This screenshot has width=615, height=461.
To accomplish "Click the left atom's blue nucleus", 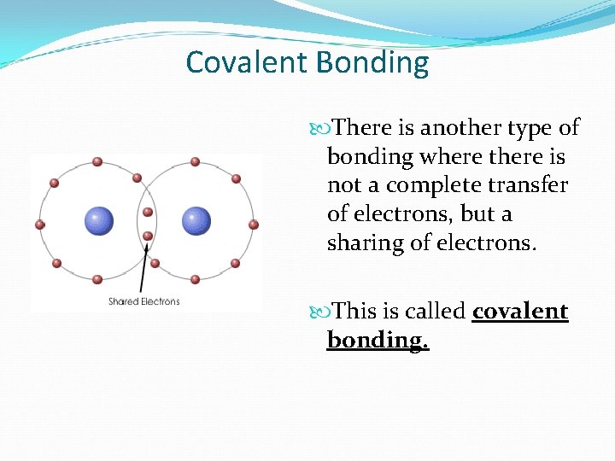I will click(98, 221).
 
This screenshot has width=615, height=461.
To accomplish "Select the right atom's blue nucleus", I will click(196, 221).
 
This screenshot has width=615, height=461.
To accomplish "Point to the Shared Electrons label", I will click(144, 301).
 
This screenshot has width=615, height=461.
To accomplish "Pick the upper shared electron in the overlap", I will click(148, 212).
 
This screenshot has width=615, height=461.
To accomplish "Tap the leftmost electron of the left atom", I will click(39, 225).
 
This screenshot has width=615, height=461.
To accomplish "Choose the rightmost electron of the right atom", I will click(254, 225).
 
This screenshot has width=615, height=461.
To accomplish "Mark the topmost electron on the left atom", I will click(97, 161).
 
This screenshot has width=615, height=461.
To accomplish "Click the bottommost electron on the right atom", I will click(196, 279).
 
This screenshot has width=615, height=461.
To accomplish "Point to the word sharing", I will click(366, 243).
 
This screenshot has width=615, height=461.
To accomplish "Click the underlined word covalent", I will click(520, 312).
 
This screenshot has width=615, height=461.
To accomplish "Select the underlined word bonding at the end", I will click(378, 341).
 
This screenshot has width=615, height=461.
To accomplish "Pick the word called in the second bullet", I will click(435, 312).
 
